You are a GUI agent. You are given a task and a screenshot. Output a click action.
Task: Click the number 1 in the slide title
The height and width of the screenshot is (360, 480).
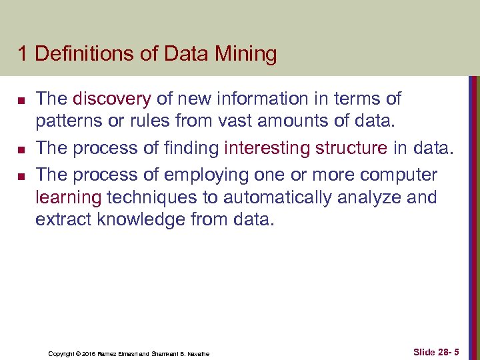click(23, 54)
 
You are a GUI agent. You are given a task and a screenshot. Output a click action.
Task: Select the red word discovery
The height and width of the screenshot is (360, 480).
click(112, 99)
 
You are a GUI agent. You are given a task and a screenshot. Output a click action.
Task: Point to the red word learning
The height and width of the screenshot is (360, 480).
click(68, 197)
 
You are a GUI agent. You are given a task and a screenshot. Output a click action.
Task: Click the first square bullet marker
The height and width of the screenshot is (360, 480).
click(21, 101)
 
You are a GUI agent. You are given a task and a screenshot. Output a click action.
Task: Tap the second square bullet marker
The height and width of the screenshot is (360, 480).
click(21, 149)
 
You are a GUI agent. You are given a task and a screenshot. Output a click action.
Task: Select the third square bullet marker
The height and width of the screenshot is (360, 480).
click(21, 175)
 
